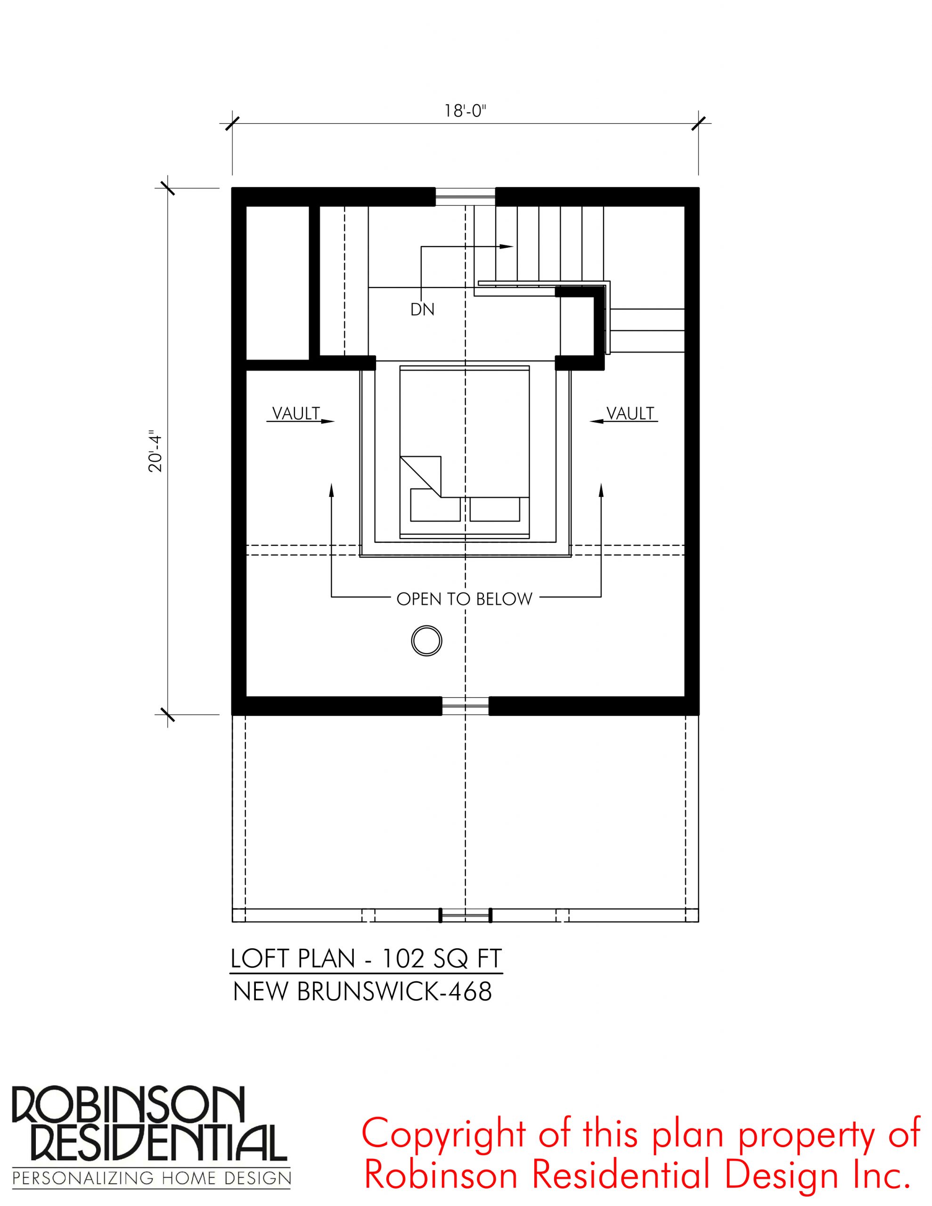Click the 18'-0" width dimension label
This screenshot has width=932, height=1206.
pyautogui.click(x=465, y=111)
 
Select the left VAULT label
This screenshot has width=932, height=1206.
pyautogui.click(x=296, y=413)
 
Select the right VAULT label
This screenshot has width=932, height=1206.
pyautogui.click(x=630, y=413)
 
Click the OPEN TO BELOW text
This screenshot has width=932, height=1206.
pyautogui.click(x=464, y=599)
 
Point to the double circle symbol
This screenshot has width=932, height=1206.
pyautogui.click(x=426, y=642)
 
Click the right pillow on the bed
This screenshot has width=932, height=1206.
pyautogui.click(x=494, y=509)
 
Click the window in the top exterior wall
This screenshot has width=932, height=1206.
pyautogui.click(x=465, y=196)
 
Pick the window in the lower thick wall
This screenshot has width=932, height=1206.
pyautogui.click(x=465, y=705)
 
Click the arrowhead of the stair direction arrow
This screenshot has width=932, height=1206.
pyautogui.click(x=507, y=246)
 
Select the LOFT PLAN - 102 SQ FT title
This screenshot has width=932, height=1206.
pyautogui.click(x=366, y=959)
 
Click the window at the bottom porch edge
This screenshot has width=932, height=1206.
pyautogui.click(x=465, y=915)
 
